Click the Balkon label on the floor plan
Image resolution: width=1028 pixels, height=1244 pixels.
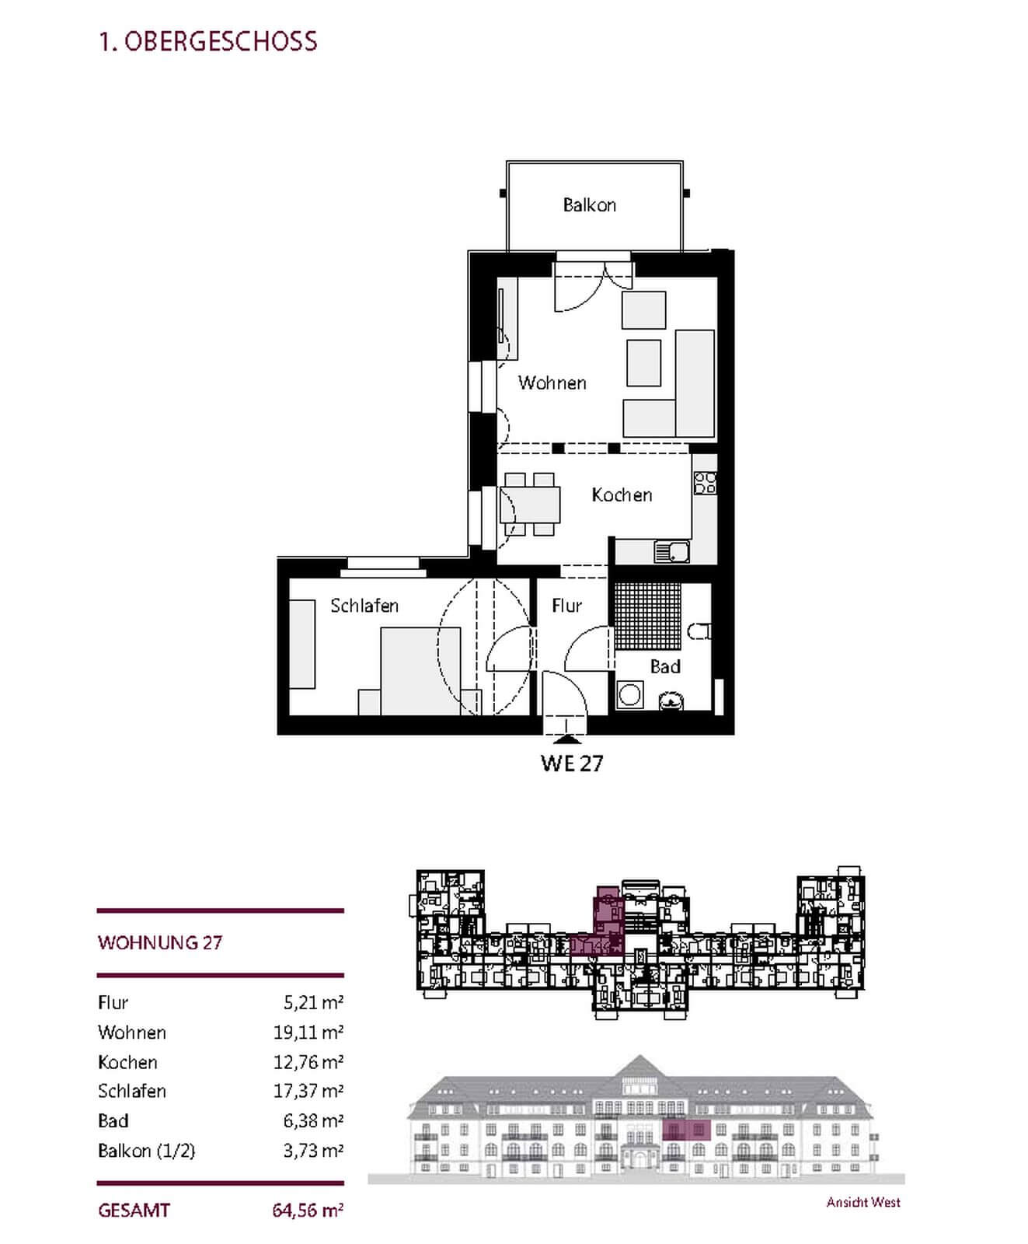pos(589,205)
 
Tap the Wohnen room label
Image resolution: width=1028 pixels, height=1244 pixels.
pos(552,383)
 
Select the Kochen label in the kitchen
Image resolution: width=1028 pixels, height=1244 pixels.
pos(622,494)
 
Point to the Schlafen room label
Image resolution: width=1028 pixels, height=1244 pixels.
pos(364,605)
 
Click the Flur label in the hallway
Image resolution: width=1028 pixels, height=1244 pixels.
pos(566,605)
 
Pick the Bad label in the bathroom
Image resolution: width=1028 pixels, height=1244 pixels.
pos(665,666)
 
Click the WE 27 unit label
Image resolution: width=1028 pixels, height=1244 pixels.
pos(572,763)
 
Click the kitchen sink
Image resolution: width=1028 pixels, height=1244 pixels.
pos(672,552)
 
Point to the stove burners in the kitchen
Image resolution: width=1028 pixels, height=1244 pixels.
pos(706,483)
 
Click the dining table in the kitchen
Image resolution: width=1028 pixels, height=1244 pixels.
pos(531,504)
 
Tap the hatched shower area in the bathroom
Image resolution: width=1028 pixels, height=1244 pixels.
pos(647,615)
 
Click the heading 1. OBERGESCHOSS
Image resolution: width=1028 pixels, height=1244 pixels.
pos(208,41)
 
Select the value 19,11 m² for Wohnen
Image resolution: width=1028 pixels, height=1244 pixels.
pos(308,1032)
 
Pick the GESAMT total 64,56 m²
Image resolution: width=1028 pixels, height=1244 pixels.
pos(308,1210)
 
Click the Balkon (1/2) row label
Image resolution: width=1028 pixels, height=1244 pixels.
pos(146,1151)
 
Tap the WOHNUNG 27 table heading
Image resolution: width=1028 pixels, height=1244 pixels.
pos(160,942)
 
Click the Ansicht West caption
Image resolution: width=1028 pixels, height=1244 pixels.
pos(863,1202)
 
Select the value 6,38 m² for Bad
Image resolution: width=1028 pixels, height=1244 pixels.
pos(313,1120)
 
